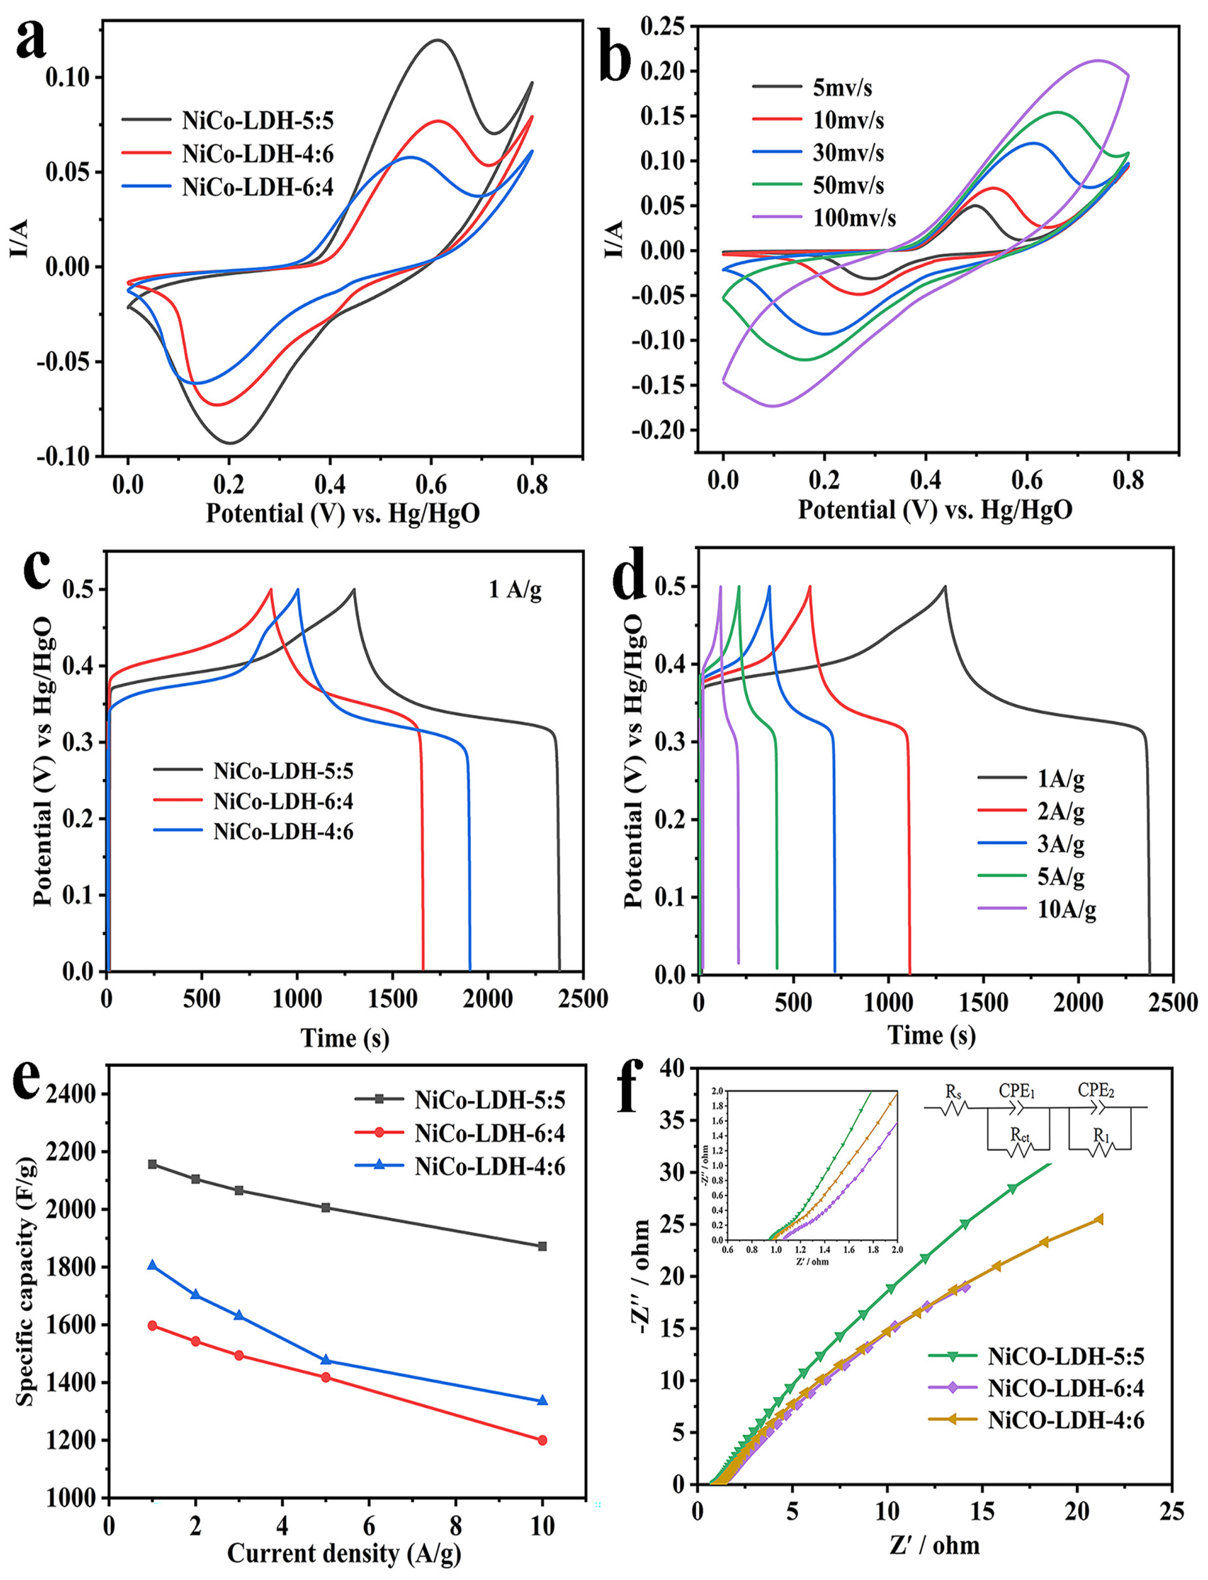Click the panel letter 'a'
pos(30,39)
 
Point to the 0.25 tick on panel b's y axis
pos(663,27)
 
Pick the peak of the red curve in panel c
pos(271,590)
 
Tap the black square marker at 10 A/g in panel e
pos(542,1247)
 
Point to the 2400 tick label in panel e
pos(70,1094)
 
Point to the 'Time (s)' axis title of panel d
pos(931,1035)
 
